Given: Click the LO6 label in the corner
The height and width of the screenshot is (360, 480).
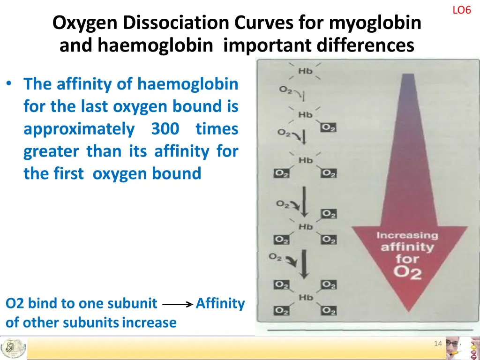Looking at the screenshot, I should pos(461,10).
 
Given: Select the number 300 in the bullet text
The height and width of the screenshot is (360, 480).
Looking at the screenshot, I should pos(165,129).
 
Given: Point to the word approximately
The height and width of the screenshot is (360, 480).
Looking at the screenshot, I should pos(79,129).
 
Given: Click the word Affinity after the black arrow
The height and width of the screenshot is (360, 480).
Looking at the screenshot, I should pos(220,304).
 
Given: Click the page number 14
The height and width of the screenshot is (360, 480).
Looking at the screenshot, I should pos(438,344).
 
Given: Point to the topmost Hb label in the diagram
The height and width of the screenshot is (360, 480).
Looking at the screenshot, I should pos(306,71).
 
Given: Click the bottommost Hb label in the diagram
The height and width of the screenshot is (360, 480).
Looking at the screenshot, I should pos(306,297).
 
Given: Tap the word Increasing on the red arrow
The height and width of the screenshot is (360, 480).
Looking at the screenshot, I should pos(407,235).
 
